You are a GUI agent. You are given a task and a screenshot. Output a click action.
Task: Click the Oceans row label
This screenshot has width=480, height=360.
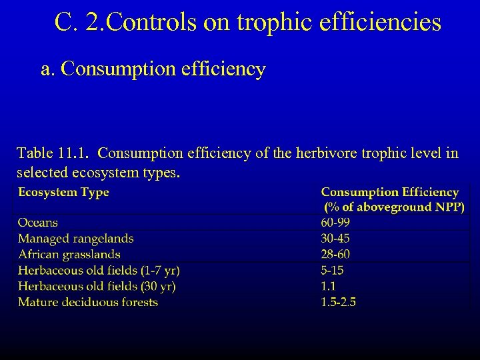[x=38, y=223]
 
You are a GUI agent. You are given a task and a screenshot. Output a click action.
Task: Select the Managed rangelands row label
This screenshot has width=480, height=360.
[x=75, y=239]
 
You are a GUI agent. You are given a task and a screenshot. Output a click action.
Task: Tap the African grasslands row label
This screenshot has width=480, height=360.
[x=69, y=255]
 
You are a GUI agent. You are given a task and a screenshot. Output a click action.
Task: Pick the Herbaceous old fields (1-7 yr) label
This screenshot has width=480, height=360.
[x=99, y=271]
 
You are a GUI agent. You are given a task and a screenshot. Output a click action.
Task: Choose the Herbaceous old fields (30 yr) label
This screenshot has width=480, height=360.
[x=97, y=287]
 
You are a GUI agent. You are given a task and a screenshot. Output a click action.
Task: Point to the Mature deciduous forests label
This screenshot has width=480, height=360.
[x=88, y=303]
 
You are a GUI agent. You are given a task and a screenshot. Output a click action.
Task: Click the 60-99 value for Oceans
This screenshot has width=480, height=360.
[x=335, y=223]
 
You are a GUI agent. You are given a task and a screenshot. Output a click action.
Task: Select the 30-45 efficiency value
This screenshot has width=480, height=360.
[x=335, y=239]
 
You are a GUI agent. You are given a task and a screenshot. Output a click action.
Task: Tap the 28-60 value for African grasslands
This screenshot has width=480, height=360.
[x=335, y=255]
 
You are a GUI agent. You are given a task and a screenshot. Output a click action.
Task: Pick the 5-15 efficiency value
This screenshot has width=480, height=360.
[x=332, y=271]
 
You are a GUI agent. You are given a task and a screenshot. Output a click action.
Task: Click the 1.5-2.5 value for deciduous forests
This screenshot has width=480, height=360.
[x=339, y=303]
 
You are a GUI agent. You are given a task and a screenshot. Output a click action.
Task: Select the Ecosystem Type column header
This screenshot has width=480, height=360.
[x=63, y=193]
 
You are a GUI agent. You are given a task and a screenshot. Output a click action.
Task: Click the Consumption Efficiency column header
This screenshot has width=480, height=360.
[x=390, y=193]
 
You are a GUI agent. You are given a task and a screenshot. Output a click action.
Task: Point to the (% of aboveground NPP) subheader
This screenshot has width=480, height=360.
[x=394, y=207]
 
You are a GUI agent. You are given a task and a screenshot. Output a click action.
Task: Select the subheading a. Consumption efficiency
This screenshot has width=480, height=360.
[x=153, y=69]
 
